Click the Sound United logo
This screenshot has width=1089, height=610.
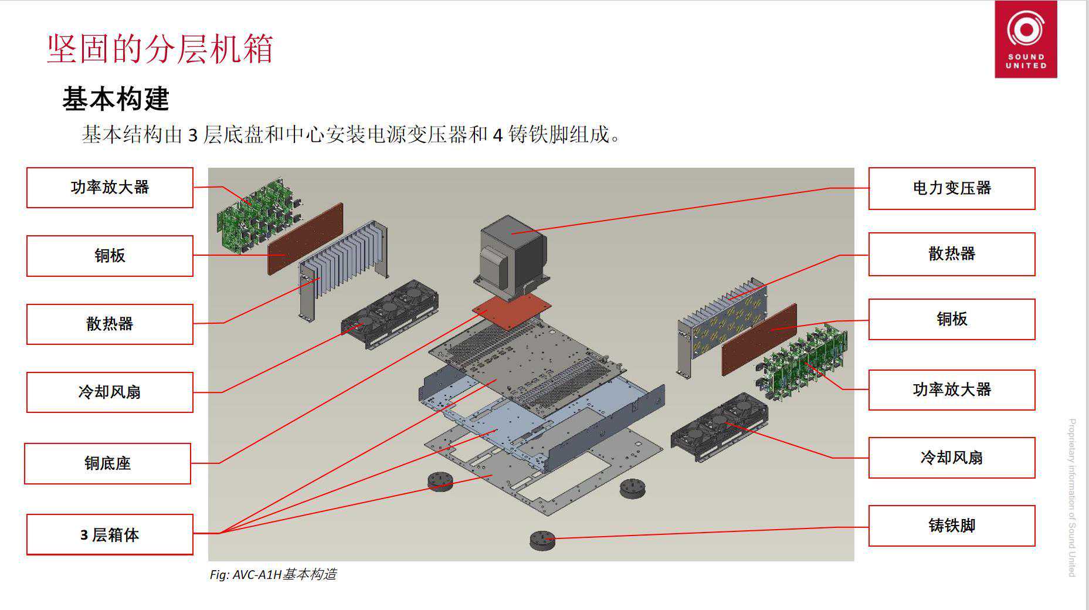[x=1026, y=39]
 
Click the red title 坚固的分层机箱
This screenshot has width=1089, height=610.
[x=160, y=49]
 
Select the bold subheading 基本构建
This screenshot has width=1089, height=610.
[x=116, y=99]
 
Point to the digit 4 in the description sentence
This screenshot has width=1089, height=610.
[x=498, y=135]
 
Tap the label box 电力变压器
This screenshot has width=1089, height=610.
[x=951, y=188]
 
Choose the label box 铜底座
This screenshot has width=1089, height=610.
[x=107, y=463]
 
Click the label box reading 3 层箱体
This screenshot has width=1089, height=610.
[x=110, y=534]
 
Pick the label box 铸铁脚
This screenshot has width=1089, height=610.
[x=951, y=526]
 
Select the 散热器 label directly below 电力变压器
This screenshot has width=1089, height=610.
[x=951, y=254]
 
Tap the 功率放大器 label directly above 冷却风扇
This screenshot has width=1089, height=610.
[x=951, y=389]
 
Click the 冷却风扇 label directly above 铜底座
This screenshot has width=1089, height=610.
[x=110, y=392]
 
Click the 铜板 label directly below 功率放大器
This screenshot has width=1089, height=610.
[x=110, y=256]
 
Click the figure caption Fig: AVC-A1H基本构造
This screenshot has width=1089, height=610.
[x=273, y=574]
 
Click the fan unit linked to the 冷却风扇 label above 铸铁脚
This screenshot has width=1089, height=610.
[x=720, y=426]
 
